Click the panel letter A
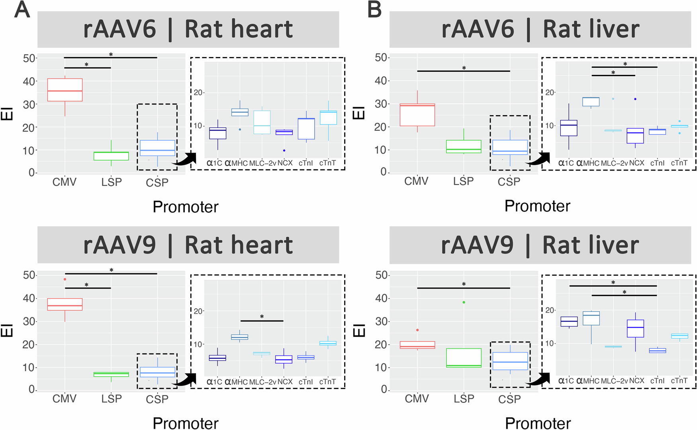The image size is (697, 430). tap(22, 10)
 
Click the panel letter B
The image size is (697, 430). tap(374, 10)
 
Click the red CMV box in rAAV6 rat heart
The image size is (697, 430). tap(65, 90)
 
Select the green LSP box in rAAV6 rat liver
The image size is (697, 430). tap(464, 146)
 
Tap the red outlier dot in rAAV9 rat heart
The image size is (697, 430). tap(65, 279)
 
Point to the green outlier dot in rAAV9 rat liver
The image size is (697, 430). tap(464, 302)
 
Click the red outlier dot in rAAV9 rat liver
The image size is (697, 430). tap(417, 330)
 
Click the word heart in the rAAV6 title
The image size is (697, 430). tap(239, 29)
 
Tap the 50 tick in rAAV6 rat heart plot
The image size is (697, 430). tap(29, 58)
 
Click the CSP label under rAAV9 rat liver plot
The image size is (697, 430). tap(509, 399)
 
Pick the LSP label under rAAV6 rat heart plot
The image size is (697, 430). tap(111, 182)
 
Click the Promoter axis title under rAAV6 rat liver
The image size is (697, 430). tap(537, 206)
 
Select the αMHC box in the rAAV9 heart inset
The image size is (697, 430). tap(239, 337)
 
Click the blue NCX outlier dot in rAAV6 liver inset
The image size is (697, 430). tap(635, 99)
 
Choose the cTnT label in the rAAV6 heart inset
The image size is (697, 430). tap(327, 163)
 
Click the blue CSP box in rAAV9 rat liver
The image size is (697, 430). tap(510, 361)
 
